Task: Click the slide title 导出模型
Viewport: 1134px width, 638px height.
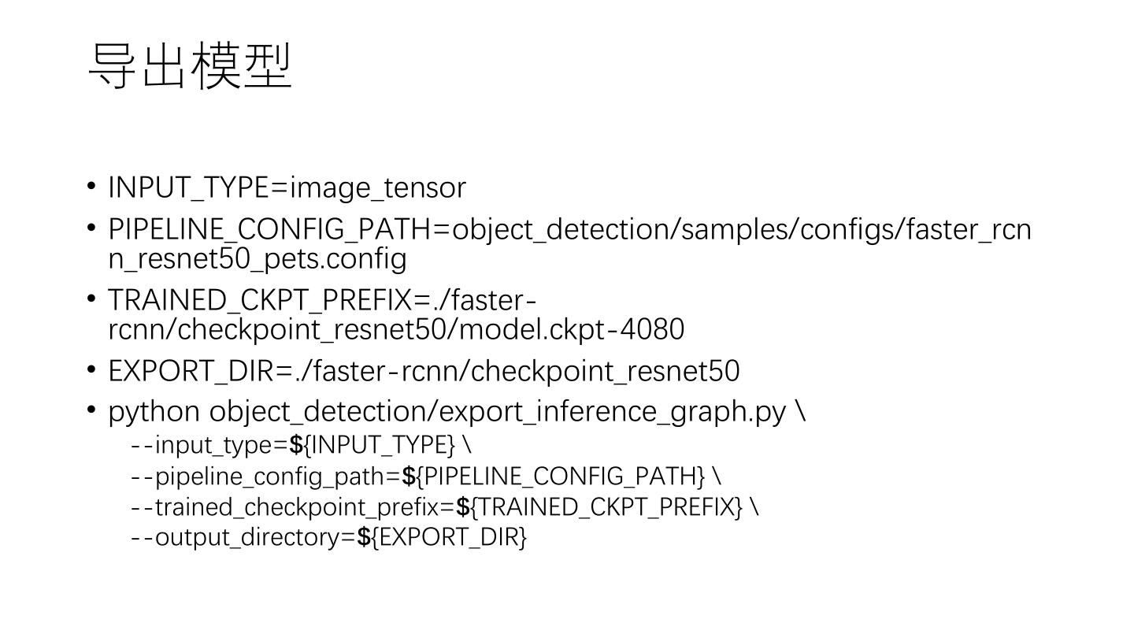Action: [191, 66]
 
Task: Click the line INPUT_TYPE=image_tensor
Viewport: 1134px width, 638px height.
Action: [287, 188]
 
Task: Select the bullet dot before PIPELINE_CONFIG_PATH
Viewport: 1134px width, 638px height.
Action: [91, 228]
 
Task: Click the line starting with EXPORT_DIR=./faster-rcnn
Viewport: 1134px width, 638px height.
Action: [424, 371]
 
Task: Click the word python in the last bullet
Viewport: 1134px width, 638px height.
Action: [154, 412]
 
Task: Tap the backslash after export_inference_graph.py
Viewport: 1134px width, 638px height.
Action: [801, 411]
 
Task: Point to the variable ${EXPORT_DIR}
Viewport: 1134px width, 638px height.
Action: [442, 538]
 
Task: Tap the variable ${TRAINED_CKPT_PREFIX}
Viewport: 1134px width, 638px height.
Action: [599, 507]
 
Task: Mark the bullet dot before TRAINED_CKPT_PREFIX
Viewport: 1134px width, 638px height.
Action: [91, 299]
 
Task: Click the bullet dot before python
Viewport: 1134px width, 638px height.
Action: [91, 410]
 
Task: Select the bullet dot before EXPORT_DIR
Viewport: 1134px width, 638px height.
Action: [91, 369]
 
